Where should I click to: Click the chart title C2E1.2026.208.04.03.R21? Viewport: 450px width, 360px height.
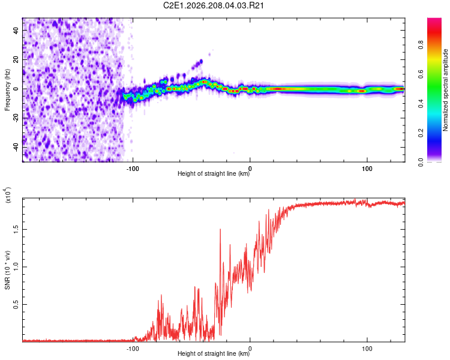click(213, 5)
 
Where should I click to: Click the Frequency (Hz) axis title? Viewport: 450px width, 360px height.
click(7, 90)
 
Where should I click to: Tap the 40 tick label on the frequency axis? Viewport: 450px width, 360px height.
click(16, 30)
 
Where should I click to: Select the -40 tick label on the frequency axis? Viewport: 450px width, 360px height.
click(16, 148)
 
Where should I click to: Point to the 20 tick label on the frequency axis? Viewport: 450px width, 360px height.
click(16, 59)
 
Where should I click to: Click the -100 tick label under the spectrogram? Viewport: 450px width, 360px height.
click(133, 169)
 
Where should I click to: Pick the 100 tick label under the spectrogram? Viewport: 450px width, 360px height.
click(367, 169)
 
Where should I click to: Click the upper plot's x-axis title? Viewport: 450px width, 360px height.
click(214, 173)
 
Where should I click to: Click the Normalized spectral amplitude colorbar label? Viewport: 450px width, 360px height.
click(445, 90)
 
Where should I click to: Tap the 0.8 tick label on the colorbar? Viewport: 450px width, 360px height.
click(421, 45)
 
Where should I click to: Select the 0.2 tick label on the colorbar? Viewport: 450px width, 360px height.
click(421, 133)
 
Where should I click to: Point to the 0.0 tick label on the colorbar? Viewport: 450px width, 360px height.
click(421, 163)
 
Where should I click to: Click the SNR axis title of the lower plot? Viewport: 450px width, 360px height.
click(7, 270)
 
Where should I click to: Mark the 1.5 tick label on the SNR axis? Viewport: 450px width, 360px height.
click(16, 229)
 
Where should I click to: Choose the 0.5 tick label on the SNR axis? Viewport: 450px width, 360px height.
click(16, 304)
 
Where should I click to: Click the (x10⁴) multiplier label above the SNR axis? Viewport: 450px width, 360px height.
click(7, 195)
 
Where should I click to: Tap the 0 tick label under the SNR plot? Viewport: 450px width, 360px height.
click(250, 348)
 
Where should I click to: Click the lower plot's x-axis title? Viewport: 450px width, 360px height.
click(214, 353)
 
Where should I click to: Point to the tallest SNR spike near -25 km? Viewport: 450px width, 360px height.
click(220, 230)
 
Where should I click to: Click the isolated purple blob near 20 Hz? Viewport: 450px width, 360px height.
click(197, 65)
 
